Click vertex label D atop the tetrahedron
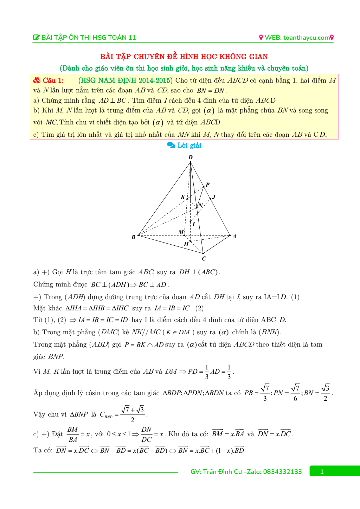[x=191, y=157]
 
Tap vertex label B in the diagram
[x=133, y=237]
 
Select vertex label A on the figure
[x=234, y=237]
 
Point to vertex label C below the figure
[x=204, y=259]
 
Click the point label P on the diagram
[x=208, y=185]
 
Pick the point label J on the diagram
[x=214, y=197]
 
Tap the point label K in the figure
[x=183, y=197]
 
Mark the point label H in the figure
[x=186, y=244]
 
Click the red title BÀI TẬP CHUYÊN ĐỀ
[x=184, y=57]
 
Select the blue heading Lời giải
[x=189, y=145]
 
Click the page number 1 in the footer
[x=322, y=472]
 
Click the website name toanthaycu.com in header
[x=306, y=38]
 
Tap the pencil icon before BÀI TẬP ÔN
[x=36, y=38]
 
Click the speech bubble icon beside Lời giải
[x=171, y=145]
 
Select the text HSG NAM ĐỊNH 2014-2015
[x=126, y=80]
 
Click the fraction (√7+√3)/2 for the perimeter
[x=132, y=414]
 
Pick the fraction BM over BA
[x=72, y=434]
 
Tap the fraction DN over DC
[x=146, y=434]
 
